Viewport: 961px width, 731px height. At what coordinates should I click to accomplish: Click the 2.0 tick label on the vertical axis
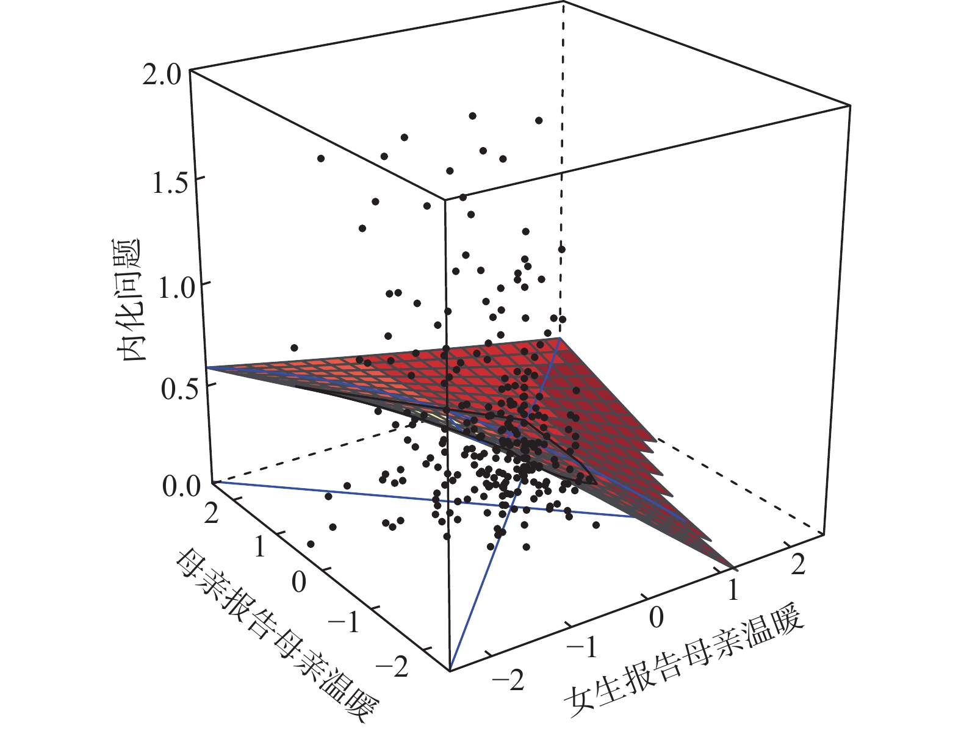tap(160, 75)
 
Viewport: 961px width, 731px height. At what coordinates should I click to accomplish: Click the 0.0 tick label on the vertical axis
tap(181, 487)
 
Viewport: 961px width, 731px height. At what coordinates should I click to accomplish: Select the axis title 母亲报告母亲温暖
tap(276, 638)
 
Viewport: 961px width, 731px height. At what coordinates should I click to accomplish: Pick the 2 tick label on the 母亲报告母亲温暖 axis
tap(212, 514)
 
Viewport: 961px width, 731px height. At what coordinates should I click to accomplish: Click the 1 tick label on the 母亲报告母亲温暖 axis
tap(260, 547)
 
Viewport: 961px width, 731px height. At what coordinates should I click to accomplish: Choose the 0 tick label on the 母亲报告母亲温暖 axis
tap(298, 582)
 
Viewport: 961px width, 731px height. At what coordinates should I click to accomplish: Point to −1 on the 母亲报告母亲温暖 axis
tap(345, 622)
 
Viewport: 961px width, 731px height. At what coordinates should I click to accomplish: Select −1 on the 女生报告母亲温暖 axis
tap(582, 647)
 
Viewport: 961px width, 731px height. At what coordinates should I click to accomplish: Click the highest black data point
tap(472, 116)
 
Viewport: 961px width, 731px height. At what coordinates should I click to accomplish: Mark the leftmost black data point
tap(294, 348)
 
